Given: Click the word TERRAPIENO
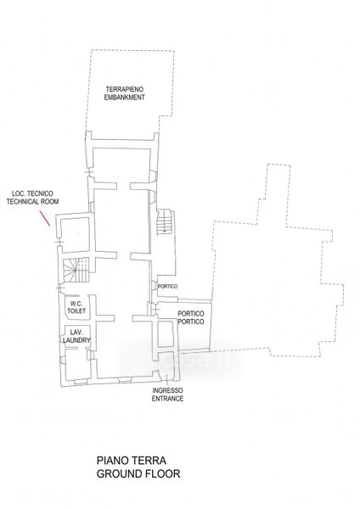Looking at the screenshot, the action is (x=125, y=89).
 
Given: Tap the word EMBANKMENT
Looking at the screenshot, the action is (x=125, y=97).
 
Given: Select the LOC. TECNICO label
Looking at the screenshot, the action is (x=32, y=193).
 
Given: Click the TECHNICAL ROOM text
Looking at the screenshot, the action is (x=32, y=202).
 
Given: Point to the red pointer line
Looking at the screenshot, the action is (x=45, y=218).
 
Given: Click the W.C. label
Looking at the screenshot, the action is (x=76, y=304).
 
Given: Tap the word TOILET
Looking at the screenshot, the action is (x=76, y=310).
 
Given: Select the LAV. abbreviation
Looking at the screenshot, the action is (x=76, y=333).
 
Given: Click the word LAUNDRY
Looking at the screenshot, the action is (x=76, y=340).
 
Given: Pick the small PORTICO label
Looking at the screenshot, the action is (x=167, y=287).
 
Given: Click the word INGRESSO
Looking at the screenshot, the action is (x=167, y=390).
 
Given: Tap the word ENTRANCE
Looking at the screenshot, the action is (x=167, y=399).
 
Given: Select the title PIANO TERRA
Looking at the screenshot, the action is (x=132, y=461).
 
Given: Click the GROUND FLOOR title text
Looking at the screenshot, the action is (x=138, y=473).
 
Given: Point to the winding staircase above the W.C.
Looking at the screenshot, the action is (x=76, y=270).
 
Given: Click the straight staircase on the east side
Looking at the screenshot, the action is (x=164, y=222).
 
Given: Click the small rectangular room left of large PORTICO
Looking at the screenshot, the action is (x=166, y=334).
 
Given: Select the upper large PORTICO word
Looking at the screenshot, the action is (x=191, y=314).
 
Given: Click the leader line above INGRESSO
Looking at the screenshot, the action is (x=166, y=380).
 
